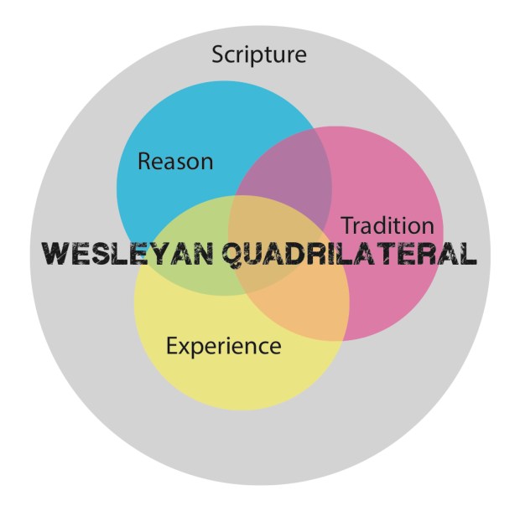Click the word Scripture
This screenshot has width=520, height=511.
coord(259,55)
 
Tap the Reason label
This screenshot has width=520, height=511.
coord(175,161)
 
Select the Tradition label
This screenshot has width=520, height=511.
coord(387,225)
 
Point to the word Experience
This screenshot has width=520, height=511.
coord(223,345)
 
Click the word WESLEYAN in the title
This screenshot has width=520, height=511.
coord(127,254)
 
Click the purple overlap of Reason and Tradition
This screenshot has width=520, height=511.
coord(294,176)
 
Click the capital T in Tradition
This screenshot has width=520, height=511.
coord(346,225)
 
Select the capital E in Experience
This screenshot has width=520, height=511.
coord(172,344)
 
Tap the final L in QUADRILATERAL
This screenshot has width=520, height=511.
coord(468,254)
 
